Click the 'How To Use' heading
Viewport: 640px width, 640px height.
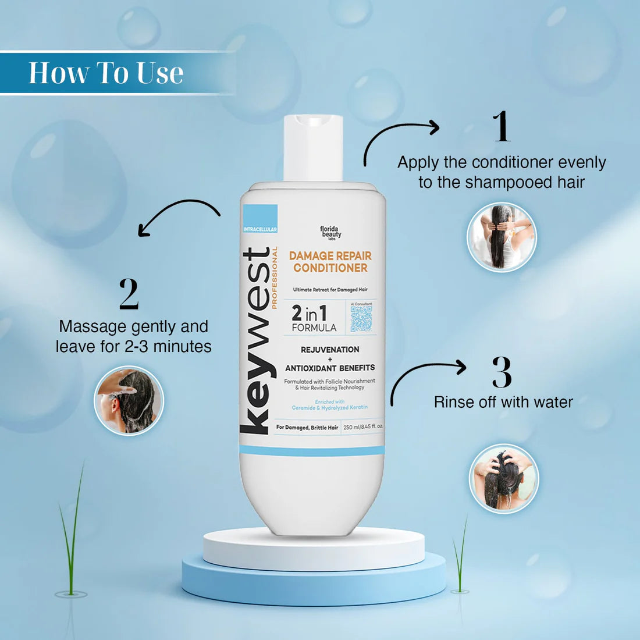pos(106,73)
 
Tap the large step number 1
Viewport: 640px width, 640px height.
pos(502,126)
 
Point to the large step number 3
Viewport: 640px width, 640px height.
pos(502,372)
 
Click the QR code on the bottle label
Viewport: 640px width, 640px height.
pos(361,319)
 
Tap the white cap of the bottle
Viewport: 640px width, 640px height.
pos(313,148)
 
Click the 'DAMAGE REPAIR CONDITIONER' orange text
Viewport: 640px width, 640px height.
pos(330,262)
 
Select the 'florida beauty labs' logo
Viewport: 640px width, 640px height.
pos(330,233)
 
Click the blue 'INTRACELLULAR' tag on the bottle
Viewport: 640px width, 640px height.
pos(260,229)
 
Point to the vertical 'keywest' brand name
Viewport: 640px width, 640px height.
pos(256,340)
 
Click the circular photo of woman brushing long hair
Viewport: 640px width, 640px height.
pos(502,237)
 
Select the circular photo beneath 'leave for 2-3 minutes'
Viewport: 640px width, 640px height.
pos(129,400)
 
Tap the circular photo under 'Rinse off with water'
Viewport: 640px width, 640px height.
pos(504,479)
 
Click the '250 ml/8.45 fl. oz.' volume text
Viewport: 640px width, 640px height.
pos(363,427)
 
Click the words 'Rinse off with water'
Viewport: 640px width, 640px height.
pos(503,402)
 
